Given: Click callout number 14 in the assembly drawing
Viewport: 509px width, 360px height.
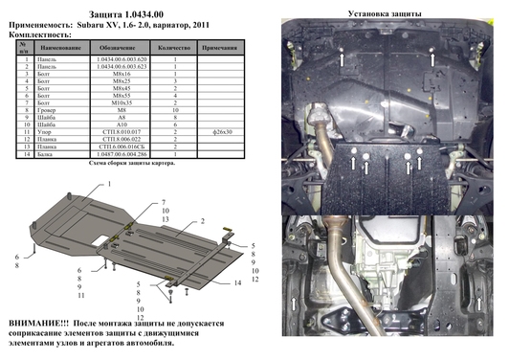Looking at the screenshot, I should (x=237, y=283).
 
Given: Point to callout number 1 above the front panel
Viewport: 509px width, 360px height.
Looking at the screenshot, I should (x=108, y=181).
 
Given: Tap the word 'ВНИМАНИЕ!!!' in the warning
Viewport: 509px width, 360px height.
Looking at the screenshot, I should (x=41, y=326).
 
